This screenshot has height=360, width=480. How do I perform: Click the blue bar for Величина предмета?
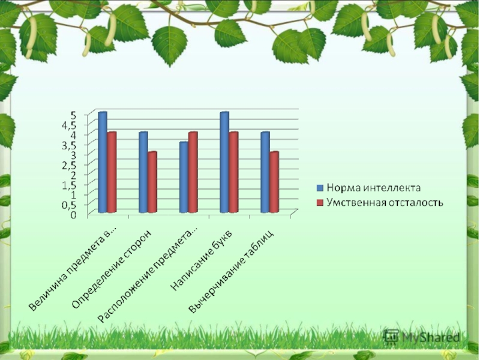tap(103, 162)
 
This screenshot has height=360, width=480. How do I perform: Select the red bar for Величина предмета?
tap(112, 172)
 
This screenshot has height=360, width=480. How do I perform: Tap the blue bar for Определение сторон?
tap(143, 172)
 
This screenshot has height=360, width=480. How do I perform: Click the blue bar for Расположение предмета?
tap(184, 177)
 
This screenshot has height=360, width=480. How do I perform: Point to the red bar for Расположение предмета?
tap(193, 172)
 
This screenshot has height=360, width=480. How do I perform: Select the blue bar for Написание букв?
tap(224, 162)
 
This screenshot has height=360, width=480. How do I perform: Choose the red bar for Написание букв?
tap(233, 172)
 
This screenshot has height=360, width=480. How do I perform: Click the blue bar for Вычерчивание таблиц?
tap(265, 172)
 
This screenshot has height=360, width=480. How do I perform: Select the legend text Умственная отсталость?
tap(385, 202)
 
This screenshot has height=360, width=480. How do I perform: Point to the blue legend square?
tap(320, 187)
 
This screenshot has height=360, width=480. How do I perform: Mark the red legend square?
tap(320, 202)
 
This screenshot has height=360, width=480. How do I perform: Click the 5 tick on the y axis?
tap(74, 115)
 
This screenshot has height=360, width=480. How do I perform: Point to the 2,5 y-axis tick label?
tap(70, 164)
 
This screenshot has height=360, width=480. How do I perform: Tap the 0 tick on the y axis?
tap(74, 214)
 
